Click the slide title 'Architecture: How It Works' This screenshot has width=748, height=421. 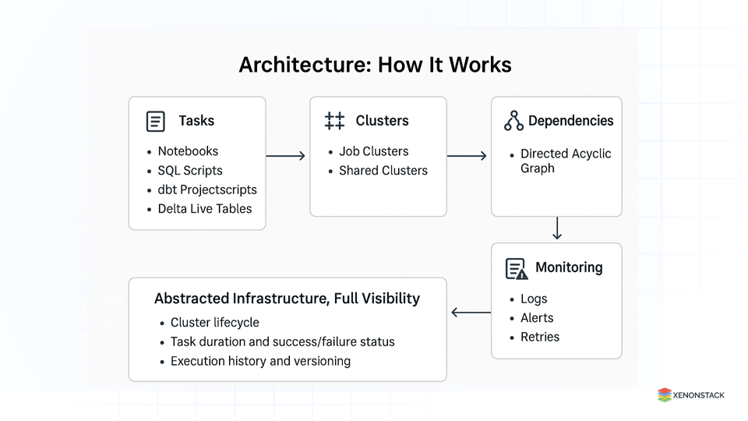pos(375,65)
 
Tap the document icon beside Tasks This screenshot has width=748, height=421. pos(156,122)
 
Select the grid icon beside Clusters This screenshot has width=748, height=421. pos(334,121)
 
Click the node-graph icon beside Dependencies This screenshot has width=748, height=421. pos(513,121)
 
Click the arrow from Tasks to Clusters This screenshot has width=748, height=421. pos(286,156)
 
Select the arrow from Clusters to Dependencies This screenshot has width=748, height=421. pos(467,156)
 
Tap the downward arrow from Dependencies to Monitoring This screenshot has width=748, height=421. pos(556,228)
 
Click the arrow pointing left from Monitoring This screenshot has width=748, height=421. pos(470,313)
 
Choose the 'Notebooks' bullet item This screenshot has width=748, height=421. pos(188,151)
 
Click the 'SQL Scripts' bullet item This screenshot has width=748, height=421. pos(190,171)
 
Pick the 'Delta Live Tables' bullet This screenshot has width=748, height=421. pos(204,208)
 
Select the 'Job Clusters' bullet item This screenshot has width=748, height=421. pos(373,151)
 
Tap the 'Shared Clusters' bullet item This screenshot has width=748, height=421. pos(383,171)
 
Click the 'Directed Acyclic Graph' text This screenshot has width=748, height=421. pos(565,161)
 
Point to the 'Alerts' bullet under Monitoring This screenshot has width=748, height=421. pos(537,318)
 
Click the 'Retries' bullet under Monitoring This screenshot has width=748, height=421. pos(540,337)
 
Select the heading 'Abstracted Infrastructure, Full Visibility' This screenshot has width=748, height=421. pos(287,299)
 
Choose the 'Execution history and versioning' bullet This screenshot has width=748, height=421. pos(260,361)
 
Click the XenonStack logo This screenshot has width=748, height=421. pos(690,395)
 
